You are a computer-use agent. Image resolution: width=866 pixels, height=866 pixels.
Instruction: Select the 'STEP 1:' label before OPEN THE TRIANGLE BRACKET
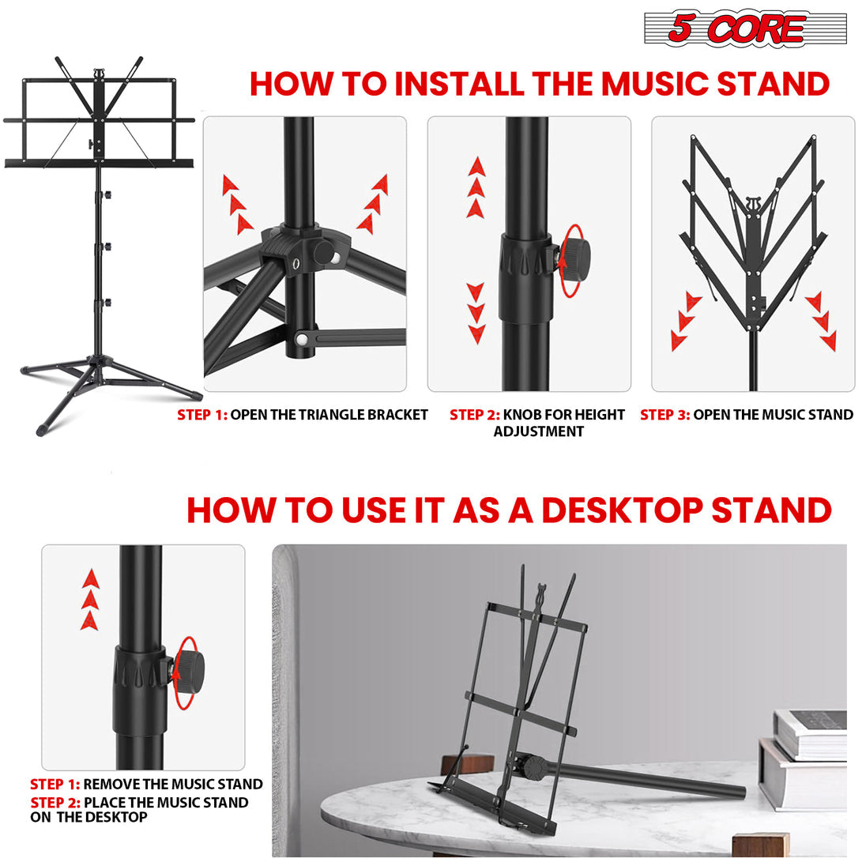coord(201,415)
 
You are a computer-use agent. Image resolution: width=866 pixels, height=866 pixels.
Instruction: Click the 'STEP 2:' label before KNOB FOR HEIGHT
coord(474,415)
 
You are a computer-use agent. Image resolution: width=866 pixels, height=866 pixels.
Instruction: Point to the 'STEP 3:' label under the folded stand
coord(665,415)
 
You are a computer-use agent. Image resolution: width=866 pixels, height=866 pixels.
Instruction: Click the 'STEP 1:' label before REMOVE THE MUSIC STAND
coord(55,785)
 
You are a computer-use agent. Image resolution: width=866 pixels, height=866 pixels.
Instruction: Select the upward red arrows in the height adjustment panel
coord(476,187)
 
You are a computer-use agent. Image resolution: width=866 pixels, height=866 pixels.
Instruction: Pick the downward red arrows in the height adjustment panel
coord(476,312)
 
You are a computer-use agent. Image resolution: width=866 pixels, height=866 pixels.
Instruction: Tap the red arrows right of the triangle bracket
coord(373,205)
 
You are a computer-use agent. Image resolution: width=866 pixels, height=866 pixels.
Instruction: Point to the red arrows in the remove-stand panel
coord(90,599)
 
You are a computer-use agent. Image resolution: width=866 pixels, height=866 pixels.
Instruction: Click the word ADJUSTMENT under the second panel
coord(538,432)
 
